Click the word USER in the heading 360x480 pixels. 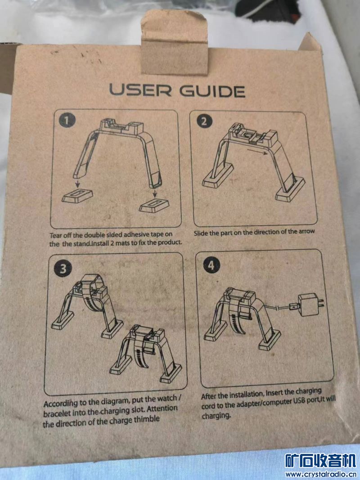[140, 90]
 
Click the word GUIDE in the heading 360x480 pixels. [212, 91]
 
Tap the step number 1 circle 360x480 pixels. [67, 120]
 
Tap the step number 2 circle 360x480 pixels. [203, 121]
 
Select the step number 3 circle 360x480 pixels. [63, 269]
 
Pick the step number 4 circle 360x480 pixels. [211, 265]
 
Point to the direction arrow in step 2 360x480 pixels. [257, 152]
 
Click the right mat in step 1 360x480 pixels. [153, 206]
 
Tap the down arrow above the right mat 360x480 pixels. [154, 193]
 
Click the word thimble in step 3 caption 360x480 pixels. [144, 419]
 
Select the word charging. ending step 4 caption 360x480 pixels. [216, 416]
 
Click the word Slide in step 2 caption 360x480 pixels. [201, 233]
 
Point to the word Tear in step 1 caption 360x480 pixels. [56, 235]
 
